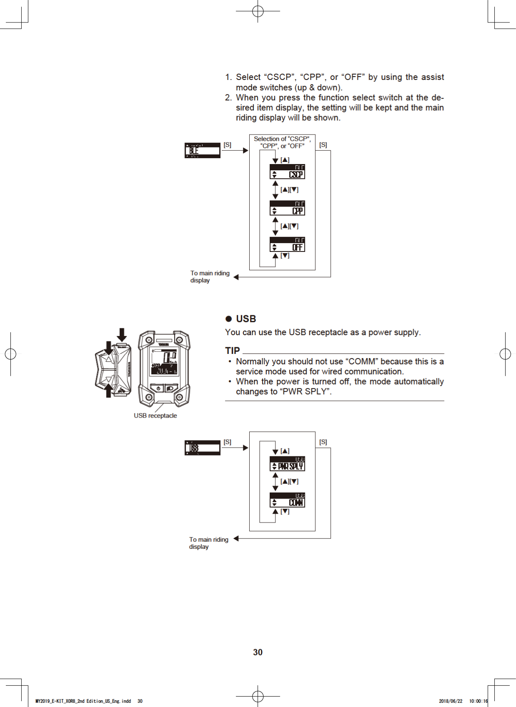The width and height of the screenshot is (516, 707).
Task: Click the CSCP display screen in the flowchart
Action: pyautogui.click(x=287, y=172)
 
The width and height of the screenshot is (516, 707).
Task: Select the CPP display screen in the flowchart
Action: pyautogui.click(x=287, y=208)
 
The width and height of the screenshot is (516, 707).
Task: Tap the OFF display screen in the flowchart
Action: pyautogui.click(x=287, y=244)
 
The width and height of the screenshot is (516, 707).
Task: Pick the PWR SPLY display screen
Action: pyautogui.click(x=287, y=463)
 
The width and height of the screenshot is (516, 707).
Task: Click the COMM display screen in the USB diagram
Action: pyautogui.click(x=287, y=500)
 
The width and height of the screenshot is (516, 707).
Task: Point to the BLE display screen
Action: pyautogui.click(x=202, y=150)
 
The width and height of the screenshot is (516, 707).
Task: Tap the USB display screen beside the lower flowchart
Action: pyautogui.click(x=202, y=448)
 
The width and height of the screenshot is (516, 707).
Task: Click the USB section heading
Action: pyautogui.click(x=246, y=319)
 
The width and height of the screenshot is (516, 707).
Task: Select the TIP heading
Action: pyautogui.click(x=233, y=351)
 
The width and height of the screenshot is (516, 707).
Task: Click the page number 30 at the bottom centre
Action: pyautogui.click(x=258, y=652)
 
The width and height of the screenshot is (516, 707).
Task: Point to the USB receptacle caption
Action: pyautogui.click(x=155, y=416)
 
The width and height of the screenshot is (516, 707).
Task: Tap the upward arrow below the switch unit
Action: pyautogui.click(x=109, y=391)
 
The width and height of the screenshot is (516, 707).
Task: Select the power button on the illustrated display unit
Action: pyautogui.click(x=158, y=388)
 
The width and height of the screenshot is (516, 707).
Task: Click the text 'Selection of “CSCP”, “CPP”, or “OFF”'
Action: pyautogui.click(x=282, y=142)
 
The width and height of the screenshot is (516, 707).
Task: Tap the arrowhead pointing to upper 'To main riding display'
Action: pyautogui.click(x=236, y=277)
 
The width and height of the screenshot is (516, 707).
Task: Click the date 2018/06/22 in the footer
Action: pyautogui.click(x=450, y=701)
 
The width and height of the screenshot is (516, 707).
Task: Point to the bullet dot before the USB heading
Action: pyautogui.click(x=228, y=319)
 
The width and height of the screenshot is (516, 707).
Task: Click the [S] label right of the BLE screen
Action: pyautogui.click(x=227, y=144)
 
